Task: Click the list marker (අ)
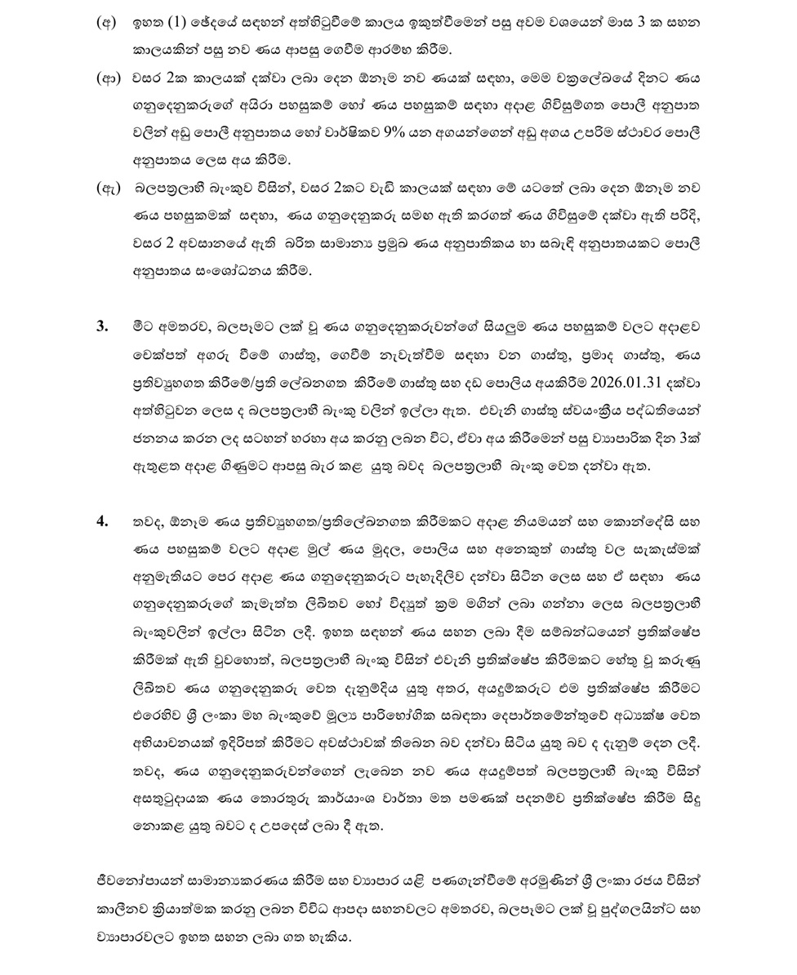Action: pos(106,23)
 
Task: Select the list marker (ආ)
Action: pos(108,79)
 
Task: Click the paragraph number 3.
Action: pos(102,326)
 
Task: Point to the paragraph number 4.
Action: pos(102,520)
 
